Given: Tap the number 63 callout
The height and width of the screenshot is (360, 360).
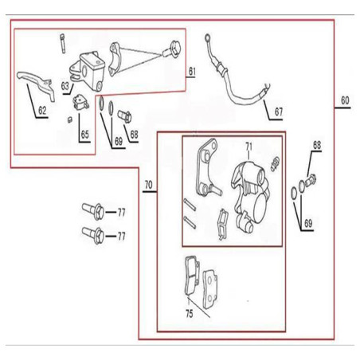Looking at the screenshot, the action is pos(65,86).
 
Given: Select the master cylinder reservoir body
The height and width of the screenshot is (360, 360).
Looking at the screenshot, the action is pos(88,70).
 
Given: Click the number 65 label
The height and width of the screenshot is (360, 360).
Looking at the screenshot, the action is pos(84,135).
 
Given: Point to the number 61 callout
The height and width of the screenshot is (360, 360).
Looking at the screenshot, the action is pos(192,72).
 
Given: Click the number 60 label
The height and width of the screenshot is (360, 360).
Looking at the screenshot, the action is pos(345,100).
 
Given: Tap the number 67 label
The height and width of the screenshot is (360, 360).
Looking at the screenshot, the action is pos(279,112).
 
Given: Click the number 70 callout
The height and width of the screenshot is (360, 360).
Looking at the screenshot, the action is pos(148,185).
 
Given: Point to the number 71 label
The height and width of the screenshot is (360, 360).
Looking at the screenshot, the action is pos(248,147).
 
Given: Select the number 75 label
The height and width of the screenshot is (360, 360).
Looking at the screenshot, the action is pos(190,314).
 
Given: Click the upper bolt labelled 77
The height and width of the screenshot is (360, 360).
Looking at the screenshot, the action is pos(93,211).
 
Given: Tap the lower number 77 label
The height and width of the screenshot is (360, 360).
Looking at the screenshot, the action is pos(122,236).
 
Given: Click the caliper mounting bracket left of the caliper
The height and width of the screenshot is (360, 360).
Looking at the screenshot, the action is pos(208,168).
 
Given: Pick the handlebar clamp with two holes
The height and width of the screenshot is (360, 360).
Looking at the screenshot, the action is pos(115,60).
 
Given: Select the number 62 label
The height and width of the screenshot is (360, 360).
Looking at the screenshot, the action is pos(42,110).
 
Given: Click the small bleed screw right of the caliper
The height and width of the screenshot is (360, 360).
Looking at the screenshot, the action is pos(276,164).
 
